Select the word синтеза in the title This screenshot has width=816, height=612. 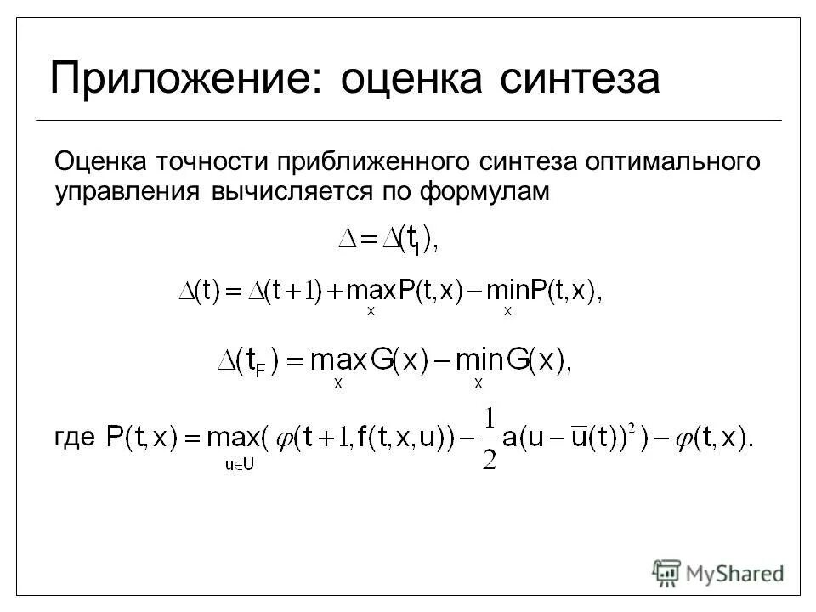(x=580, y=79)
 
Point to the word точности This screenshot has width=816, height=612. (x=222, y=161)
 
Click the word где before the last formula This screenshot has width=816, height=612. (x=74, y=437)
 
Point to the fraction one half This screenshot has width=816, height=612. (x=489, y=438)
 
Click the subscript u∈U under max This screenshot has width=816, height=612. (x=238, y=465)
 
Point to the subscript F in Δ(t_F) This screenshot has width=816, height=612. (x=261, y=371)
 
